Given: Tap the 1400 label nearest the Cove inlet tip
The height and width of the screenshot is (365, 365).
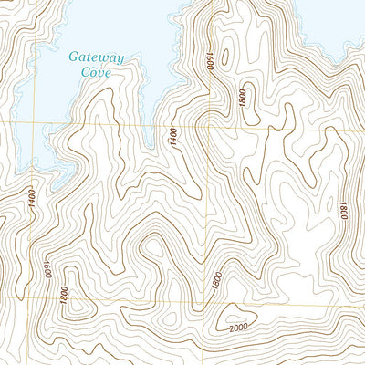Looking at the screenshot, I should tap(172, 137).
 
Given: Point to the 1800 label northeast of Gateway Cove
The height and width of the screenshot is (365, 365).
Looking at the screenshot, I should tap(243, 99).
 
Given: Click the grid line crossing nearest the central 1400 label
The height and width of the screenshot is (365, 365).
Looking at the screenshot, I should tap(206, 128).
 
